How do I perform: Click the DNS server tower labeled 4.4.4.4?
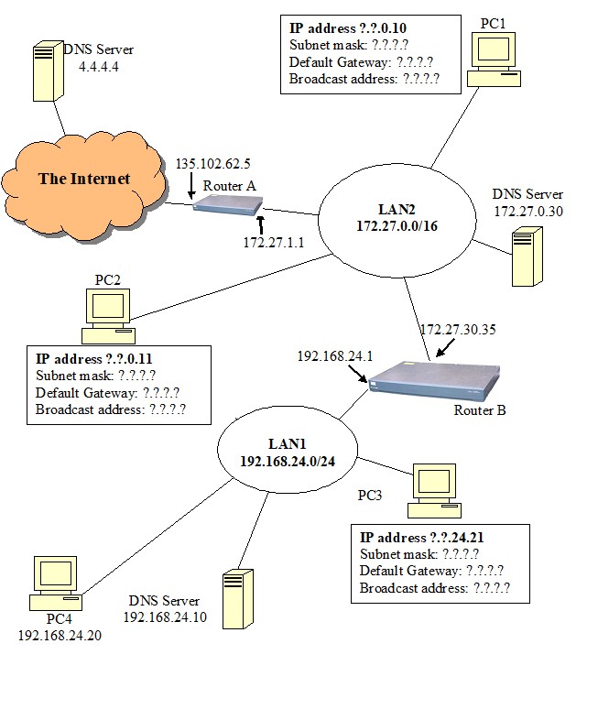[x=47, y=72]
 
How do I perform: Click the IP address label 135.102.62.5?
[x=212, y=164]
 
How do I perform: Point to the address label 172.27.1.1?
[x=273, y=243]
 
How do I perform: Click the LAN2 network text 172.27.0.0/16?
[x=397, y=225]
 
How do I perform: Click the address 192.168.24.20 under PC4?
[x=60, y=636]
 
